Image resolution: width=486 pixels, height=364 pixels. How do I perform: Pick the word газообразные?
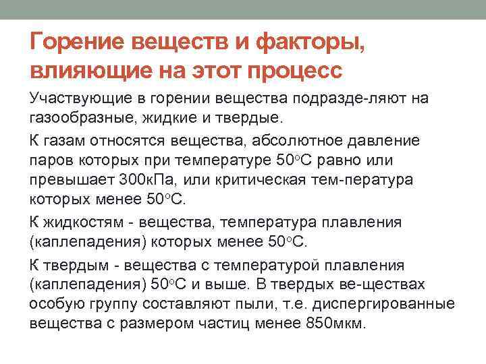coord(74,118)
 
